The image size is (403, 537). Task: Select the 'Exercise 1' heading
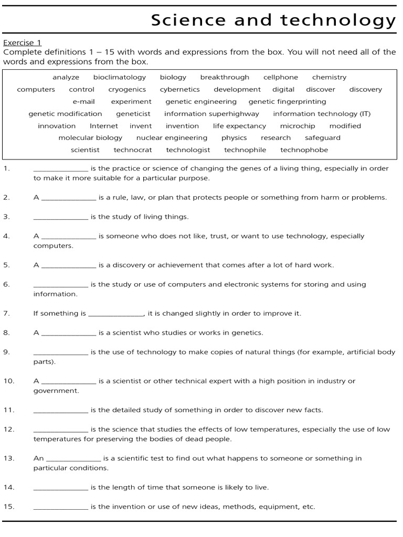click(x=22, y=43)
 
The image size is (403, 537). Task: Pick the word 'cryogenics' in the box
click(x=127, y=89)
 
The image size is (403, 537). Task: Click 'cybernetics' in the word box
click(x=179, y=89)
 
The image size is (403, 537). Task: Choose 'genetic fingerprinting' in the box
click(x=287, y=101)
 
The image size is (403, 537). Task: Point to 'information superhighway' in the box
click(x=211, y=113)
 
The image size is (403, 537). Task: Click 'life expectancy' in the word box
click(x=239, y=126)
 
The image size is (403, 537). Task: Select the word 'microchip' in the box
click(x=298, y=126)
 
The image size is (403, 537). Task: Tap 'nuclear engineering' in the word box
click(x=172, y=138)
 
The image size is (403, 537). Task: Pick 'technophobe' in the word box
click(x=304, y=150)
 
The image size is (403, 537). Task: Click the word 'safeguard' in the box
click(x=322, y=138)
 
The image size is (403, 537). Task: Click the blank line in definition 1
click(x=61, y=169)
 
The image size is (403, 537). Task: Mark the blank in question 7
click(x=116, y=314)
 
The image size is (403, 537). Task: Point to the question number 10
click(x=8, y=381)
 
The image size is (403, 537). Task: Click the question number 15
click(x=8, y=507)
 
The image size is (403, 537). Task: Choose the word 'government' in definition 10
click(x=56, y=391)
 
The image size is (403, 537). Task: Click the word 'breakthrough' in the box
click(x=225, y=77)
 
